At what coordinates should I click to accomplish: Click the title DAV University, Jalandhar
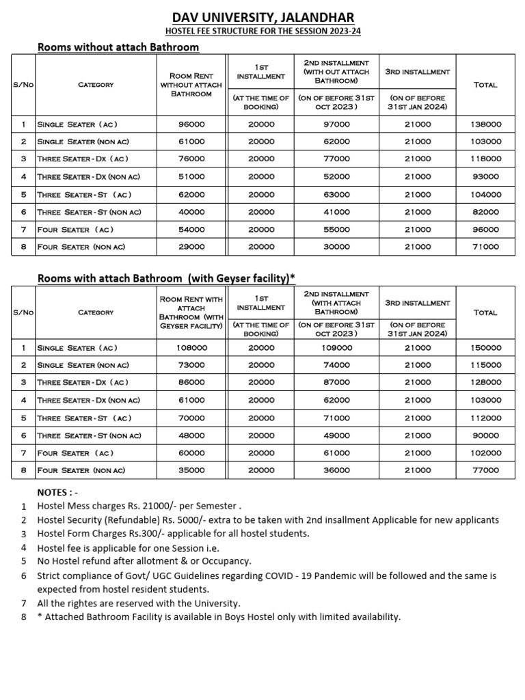pos(262,17)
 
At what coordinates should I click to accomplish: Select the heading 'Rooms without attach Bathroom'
pos(118,47)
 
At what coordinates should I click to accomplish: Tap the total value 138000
pos(486,124)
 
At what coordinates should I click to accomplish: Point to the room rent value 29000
pos(191,247)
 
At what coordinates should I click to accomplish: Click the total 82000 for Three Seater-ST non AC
pos(486,212)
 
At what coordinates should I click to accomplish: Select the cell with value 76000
pos(191,159)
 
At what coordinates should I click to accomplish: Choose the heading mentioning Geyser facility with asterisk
pos(166,278)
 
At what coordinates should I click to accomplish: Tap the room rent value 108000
pos(191,347)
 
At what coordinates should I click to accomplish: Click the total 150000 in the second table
pos(486,347)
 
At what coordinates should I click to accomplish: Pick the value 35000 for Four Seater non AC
pos(191,470)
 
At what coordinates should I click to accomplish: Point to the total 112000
pos(486,418)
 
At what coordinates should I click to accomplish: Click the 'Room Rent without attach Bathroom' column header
pos(191,85)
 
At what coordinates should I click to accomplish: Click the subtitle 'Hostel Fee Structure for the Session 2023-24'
pos(262,32)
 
